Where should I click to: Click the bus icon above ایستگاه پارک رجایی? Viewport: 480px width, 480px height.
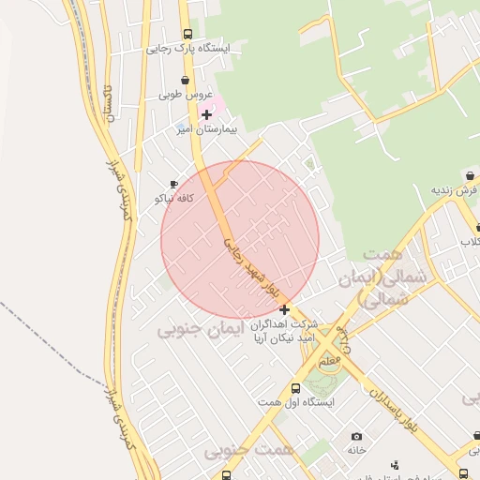click(187, 34)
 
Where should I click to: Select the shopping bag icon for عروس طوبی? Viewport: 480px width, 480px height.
click(185, 82)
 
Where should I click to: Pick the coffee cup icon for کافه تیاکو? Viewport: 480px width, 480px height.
click(173, 185)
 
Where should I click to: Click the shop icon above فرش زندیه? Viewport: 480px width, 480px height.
click(469, 176)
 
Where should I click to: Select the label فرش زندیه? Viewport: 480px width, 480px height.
click(455, 190)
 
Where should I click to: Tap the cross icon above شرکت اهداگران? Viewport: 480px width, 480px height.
click(284, 309)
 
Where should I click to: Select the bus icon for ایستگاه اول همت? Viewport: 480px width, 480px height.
click(296, 387)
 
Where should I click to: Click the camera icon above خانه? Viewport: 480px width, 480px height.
click(356, 436)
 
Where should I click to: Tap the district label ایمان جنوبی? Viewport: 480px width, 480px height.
click(200, 329)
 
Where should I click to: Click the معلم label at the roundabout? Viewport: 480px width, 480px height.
click(331, 359)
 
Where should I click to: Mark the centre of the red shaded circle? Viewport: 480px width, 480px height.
click(240, 240)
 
